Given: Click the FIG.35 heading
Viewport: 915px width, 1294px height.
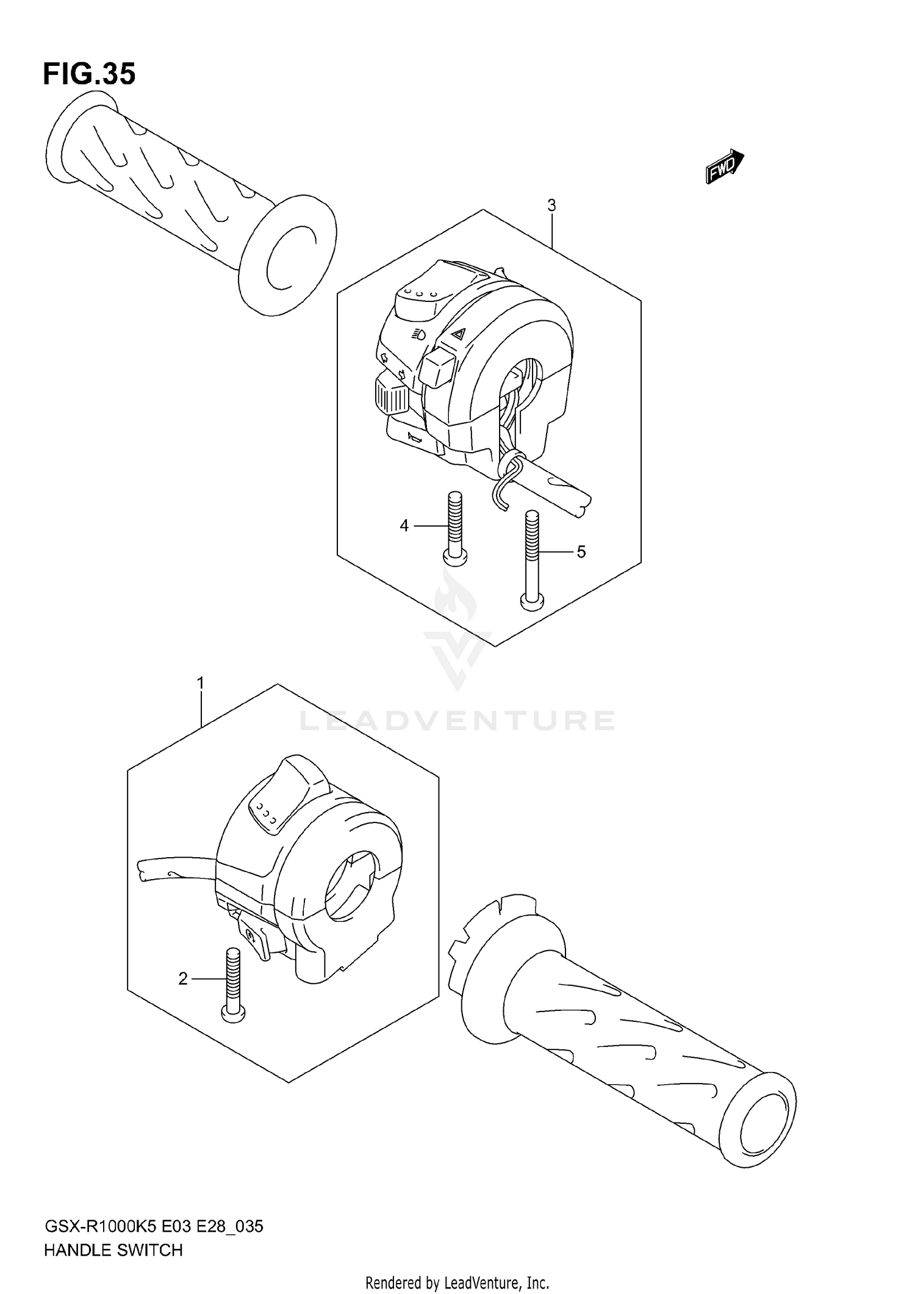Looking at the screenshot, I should coord(89,74).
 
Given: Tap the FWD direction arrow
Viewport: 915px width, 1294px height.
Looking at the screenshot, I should coord(724,167).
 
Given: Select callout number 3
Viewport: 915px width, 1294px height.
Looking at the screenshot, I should coord(551,206).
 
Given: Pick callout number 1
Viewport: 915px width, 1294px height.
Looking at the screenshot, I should coord(201,683).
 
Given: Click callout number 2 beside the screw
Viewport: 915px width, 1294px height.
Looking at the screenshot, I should coord(183,979).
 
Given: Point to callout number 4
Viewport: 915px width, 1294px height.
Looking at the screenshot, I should coord(404,525).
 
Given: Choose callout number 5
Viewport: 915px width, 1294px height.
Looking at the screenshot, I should coord(581,552).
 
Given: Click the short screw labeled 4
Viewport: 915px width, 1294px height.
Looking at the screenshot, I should coord(454,525).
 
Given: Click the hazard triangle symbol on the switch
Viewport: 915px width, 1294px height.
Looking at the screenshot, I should coord(459,333).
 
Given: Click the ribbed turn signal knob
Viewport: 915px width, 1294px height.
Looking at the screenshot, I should coord(392,395).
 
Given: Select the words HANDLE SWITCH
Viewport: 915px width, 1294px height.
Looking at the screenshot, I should coord(113,1250).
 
